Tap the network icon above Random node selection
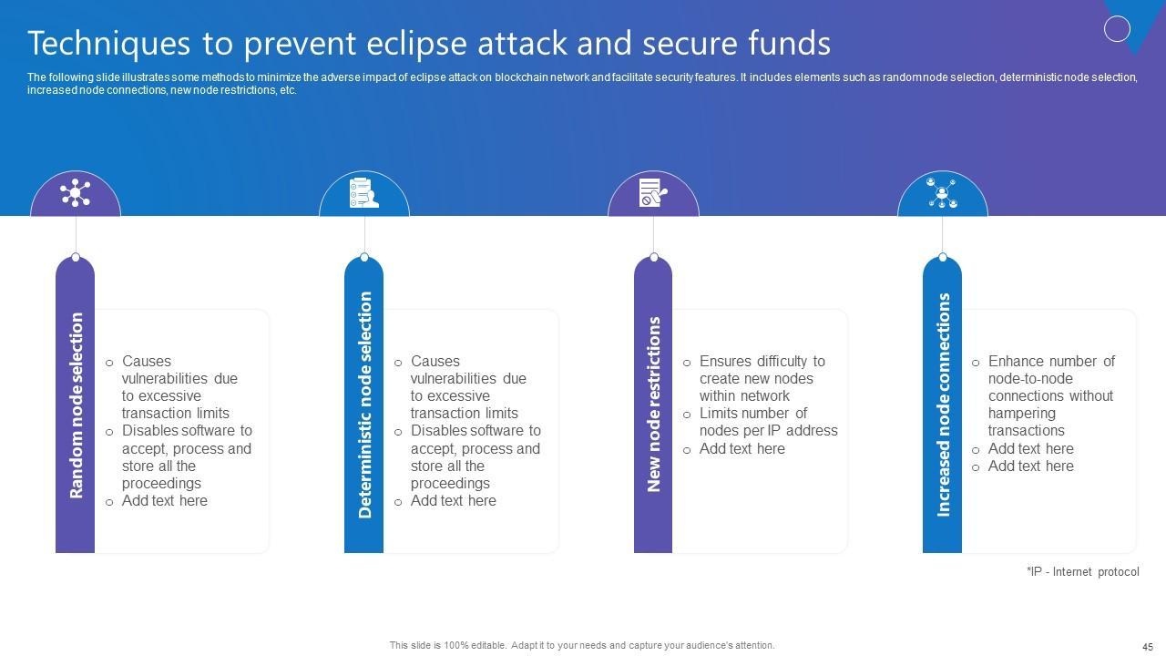click(x=76, y=193)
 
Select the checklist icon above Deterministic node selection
click(x=363, y=192)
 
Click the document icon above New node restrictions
click(x=652, y=192)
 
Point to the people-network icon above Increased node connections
click(x=942, y=192)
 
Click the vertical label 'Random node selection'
click(x=76, y=405)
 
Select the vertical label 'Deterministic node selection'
click(x=364, y=405)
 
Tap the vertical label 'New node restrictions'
click(x=653, y=405)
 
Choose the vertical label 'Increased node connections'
click(x=943, y=405)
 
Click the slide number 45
click(x=1147, y=646)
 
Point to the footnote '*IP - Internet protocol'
click(x=1082, y=572)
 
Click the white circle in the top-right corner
click(x=1117, y=29)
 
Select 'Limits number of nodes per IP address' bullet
click(x=767, y=422)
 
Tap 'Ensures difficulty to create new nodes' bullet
click(x=762, y=378)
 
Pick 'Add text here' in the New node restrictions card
click(x=742, y=448)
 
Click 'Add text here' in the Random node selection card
click(x=164, y=500)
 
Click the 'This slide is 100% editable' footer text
click(x=582, y=645)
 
